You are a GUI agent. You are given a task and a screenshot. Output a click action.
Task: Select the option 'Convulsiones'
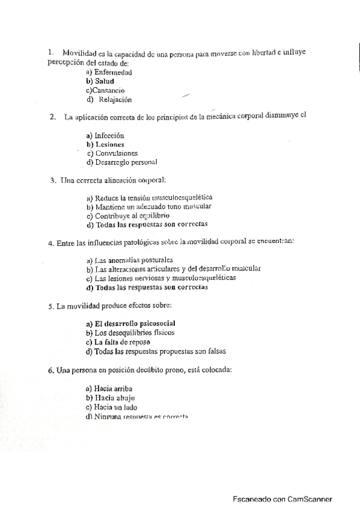(116, 153)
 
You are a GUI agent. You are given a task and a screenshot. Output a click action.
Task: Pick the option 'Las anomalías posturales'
(133, 260)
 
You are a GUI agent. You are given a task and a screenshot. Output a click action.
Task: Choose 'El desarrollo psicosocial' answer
(135, 324)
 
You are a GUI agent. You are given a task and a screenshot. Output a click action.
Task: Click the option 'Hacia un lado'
(114, 407)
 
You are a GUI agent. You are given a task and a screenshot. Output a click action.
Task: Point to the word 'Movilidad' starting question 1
(79, 54)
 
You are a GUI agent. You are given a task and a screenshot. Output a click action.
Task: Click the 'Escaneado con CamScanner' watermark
(282, 499)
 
